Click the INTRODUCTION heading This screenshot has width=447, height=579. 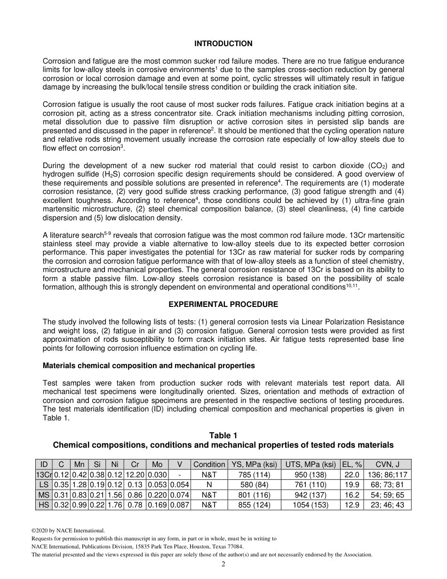click(x=223, y=44)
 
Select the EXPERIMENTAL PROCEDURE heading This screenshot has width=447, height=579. click(x=223, y=304)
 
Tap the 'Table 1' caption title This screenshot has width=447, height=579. click(x=223, y=435)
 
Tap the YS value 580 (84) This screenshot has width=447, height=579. click(x=254, y=485)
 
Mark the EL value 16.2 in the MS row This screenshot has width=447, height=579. click(x=351, y=495)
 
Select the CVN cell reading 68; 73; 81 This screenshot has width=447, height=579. click(x=387, y=485)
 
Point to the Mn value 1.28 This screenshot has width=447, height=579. click(x=80, y=485)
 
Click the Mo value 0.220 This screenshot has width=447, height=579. click(x=157, y=495)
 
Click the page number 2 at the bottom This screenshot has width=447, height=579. click(x=223, y=564)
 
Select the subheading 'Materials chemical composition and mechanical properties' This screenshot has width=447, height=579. click(x=149, y=365)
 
